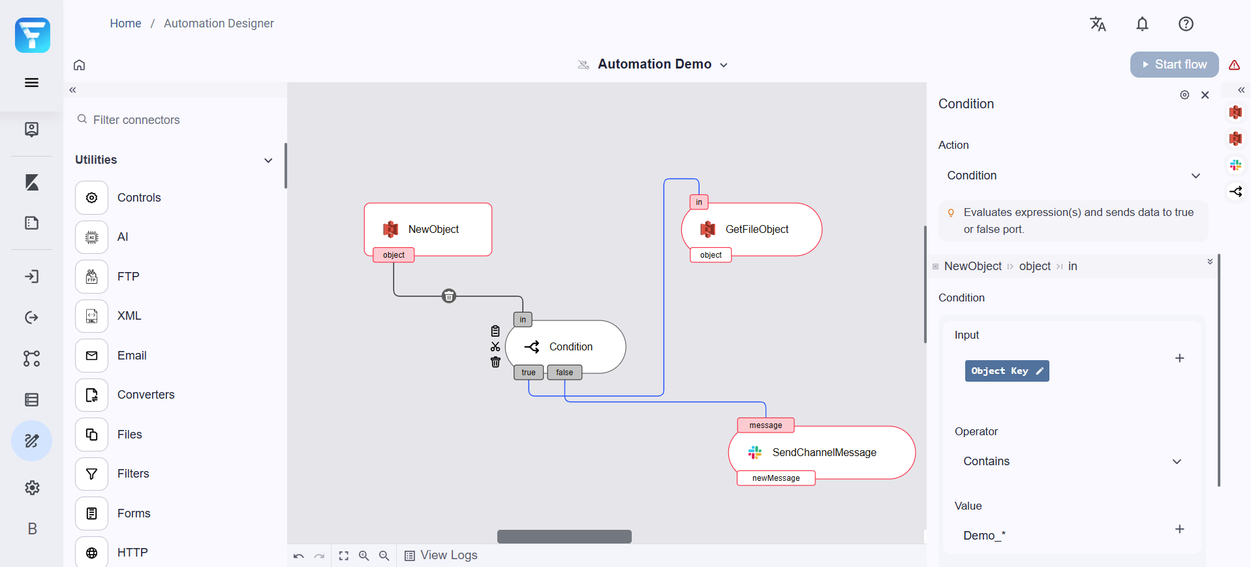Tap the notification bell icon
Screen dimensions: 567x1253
pos(1141,24)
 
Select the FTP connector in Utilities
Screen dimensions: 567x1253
pos(128,277)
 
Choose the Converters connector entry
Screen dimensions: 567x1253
pos(146,395)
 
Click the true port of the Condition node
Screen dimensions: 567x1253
pos(528,373)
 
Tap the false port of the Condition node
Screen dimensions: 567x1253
pos(565,373)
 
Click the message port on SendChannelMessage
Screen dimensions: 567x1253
pos(765,425)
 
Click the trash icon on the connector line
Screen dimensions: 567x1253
pos(449,296)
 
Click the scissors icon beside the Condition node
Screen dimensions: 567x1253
pos(495,347)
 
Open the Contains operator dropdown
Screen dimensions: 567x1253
pos(1071,461)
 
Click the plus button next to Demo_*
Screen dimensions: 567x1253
pos(1179,529)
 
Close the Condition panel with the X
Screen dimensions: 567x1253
pos(1205,95)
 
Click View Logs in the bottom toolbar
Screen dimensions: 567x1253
pos(441,555)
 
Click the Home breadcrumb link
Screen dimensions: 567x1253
pos(125,23)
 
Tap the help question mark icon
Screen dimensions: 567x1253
pos(1185,24)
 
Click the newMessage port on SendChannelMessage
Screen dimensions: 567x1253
pos(775,478)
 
